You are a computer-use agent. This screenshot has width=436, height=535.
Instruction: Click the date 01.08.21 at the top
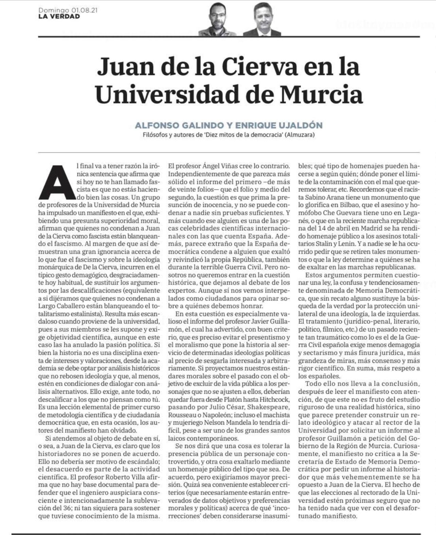click(x=85, y=11)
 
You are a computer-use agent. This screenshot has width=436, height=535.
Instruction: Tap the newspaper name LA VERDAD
click(x=59, y=16)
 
